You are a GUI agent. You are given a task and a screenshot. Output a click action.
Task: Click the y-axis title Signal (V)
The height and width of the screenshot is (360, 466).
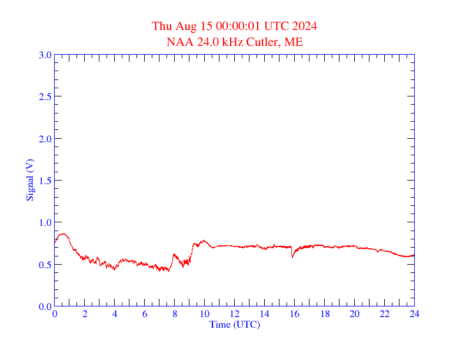[29, 181]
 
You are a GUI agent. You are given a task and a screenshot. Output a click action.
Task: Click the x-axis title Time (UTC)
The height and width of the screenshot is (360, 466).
[235, 324]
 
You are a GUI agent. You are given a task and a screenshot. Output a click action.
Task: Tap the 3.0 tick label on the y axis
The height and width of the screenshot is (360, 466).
[45, 55]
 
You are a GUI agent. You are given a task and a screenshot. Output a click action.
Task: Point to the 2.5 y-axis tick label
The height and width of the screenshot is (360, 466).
[45, 96]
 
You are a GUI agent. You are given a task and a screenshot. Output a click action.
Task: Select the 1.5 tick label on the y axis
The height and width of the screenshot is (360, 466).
[45, 181]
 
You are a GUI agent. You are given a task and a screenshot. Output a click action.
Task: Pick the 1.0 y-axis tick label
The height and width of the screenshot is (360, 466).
[45, 222]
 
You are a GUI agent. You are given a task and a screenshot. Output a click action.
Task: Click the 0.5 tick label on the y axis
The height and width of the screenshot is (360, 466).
[45, 265]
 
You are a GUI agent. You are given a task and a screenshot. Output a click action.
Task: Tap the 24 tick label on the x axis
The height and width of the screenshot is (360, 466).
[414, 314]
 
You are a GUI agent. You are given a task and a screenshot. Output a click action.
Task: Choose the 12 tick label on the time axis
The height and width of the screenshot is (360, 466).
[235, 314]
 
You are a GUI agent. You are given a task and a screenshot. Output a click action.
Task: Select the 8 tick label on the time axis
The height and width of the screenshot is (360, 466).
[175, 314]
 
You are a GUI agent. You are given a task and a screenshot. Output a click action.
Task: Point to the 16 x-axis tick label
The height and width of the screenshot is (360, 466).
[295, 314]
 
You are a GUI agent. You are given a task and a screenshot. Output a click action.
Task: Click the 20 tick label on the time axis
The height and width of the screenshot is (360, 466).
[354, 314]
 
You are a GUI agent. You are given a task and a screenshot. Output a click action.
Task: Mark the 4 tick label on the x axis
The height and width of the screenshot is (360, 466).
[115, 314]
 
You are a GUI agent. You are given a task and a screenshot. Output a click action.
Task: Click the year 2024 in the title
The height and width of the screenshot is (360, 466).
[304, 26]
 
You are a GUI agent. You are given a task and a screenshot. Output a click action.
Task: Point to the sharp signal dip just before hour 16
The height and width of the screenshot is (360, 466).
[292, 257]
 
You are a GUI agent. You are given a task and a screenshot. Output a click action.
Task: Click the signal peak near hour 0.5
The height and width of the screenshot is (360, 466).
[62, 234]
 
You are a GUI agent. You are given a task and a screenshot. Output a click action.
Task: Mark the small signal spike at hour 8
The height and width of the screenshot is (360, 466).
[174, 254]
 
